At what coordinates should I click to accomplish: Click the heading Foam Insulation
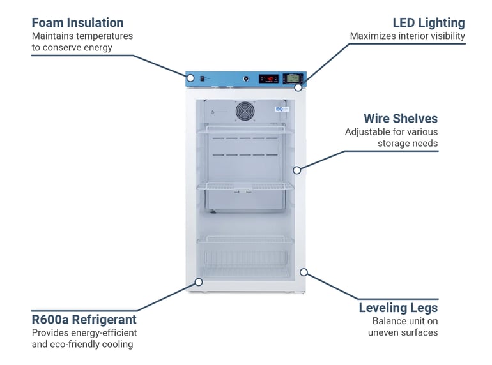point(77,23)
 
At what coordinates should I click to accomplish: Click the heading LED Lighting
point(429,23)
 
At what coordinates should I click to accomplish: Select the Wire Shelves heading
point(401,119)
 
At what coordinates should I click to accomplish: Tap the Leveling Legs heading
point(398,308)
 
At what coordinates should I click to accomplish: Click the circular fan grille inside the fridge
point(245,111)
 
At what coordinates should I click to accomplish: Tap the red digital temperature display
point(268,78)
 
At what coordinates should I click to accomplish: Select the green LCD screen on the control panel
point(293,78)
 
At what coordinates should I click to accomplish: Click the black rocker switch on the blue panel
point(203,78)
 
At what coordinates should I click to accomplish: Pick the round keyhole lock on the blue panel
point(246,78)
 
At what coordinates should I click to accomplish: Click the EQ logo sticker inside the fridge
point(282,109)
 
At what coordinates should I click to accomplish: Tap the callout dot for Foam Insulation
point(190,78)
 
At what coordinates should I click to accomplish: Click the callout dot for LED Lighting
point(298,87)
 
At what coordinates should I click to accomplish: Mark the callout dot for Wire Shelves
point(297,170)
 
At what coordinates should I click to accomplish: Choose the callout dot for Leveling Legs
point(304,272)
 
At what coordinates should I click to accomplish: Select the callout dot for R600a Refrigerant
point(199,282)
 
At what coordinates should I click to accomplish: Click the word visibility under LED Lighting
point(448,36)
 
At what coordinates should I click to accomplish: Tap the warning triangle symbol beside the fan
point(212,112)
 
